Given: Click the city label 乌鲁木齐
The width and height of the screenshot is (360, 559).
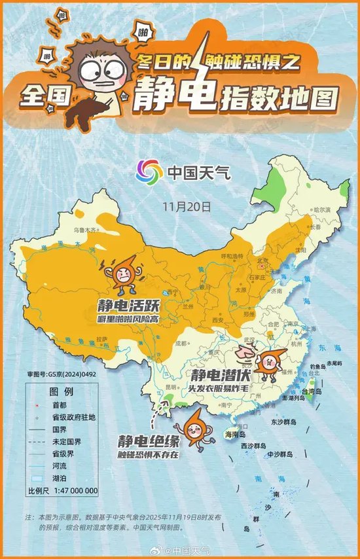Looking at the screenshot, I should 84,230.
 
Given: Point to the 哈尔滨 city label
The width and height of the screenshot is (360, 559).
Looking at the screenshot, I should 323,210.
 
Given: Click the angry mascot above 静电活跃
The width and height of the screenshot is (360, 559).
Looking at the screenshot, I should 122,276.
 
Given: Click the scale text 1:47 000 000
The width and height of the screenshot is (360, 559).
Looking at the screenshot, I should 72,490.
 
